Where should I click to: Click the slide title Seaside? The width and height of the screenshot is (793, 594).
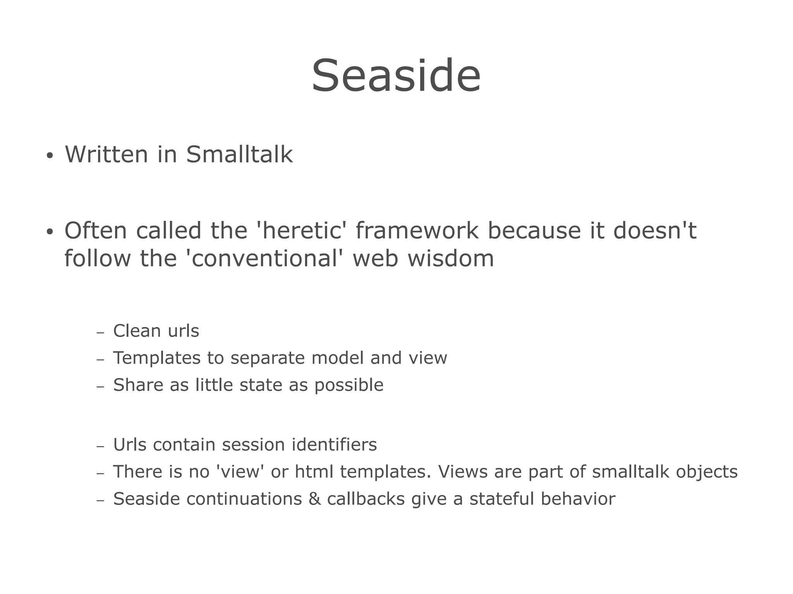pos(396,75)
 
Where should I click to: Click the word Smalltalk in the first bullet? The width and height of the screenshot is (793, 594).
pos(239,154)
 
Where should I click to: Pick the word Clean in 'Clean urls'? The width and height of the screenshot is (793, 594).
pos(137,331)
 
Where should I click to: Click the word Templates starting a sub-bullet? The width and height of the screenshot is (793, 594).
pos(156,358)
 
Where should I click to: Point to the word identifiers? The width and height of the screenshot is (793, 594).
pos(334,445)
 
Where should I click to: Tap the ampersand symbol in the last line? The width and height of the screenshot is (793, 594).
pos(314,499)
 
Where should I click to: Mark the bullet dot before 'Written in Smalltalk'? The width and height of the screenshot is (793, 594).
pos(49,156)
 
